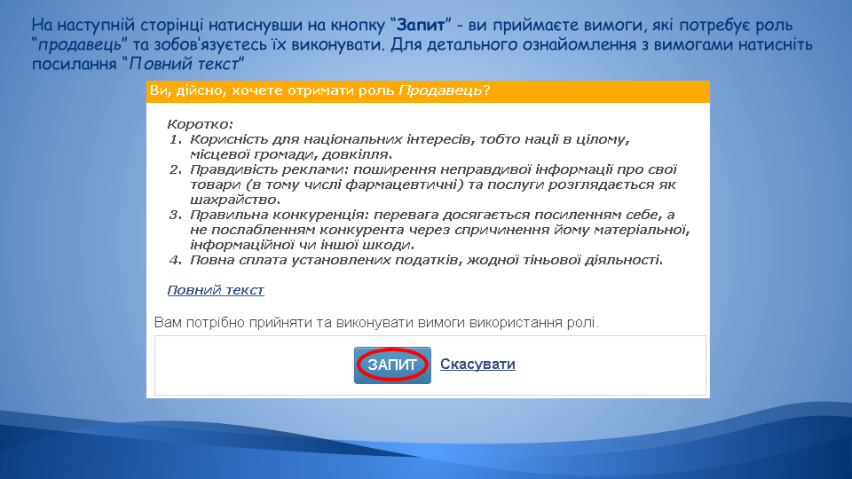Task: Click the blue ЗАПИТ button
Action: (392, 365)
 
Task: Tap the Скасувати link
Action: (477, 364)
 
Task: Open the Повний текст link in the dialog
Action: (216, 290)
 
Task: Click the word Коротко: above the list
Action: (200, 124)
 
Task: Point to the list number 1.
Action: (175, 139)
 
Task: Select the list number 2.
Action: (175, 169)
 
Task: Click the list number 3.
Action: (175, 215)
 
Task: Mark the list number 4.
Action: (175, 260)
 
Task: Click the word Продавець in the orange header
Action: (440, 90)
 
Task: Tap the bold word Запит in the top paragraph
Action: (421, 25)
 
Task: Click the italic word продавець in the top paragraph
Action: (79, 44)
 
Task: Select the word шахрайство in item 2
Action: (234, 200)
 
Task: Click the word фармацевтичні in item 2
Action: (405, 185)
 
